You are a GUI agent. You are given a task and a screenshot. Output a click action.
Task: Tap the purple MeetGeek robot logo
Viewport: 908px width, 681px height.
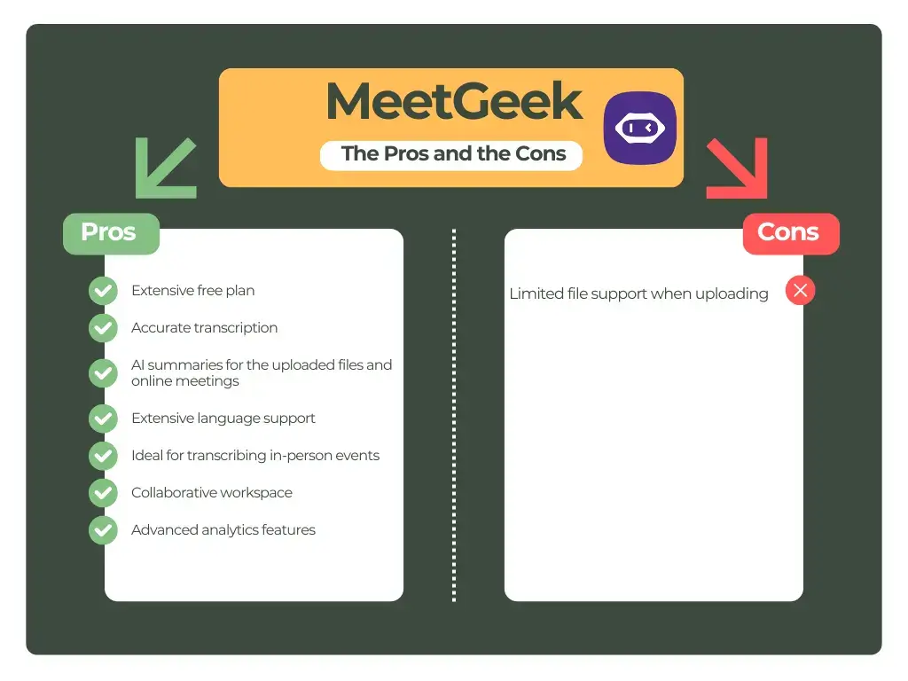(x=639, y=128)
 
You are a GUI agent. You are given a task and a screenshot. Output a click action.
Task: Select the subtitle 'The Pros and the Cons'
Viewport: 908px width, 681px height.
(x=453, y=153)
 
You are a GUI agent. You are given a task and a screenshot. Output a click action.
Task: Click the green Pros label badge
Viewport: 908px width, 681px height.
(x=110, y=232)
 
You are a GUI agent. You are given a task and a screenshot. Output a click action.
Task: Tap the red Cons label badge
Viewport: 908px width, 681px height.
(x=789, y=232)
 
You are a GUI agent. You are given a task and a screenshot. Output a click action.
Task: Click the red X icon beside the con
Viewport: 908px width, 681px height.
(x=800, y=290)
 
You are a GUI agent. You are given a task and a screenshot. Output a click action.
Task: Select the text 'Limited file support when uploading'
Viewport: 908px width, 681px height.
(x=638, y=294)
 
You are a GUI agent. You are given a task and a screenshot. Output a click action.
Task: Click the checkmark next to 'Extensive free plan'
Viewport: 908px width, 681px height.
(x=103, y=291)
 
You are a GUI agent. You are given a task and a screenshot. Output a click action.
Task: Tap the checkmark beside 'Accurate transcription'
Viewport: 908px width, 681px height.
(x=103, y=328)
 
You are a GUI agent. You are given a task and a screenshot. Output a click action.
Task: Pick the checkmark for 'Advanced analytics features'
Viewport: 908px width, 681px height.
(x=103, y=530)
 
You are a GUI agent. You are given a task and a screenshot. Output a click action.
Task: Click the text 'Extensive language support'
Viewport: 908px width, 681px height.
(x=223, y=419)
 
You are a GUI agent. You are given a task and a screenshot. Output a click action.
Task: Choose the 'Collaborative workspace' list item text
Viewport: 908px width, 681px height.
(x=212, y=493)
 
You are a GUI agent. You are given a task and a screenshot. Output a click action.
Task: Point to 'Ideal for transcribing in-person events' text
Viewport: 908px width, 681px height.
(x=255, y=456)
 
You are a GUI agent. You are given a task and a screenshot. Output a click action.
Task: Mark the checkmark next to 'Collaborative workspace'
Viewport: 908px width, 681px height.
(x=103, y=493)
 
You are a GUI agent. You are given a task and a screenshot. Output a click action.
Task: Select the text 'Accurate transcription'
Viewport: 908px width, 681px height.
(x=205, y=328)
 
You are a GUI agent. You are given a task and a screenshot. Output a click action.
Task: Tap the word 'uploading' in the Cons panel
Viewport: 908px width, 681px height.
(x=732, y=294)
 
